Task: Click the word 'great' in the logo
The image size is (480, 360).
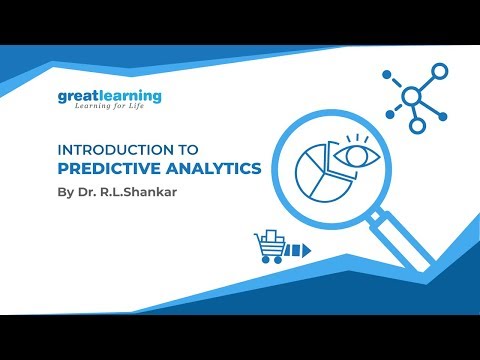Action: point(77,97)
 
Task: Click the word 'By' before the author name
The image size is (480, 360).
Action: point(66,190)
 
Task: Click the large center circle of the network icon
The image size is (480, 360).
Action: point(411,97)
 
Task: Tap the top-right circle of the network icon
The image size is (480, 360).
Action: point(439,69)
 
